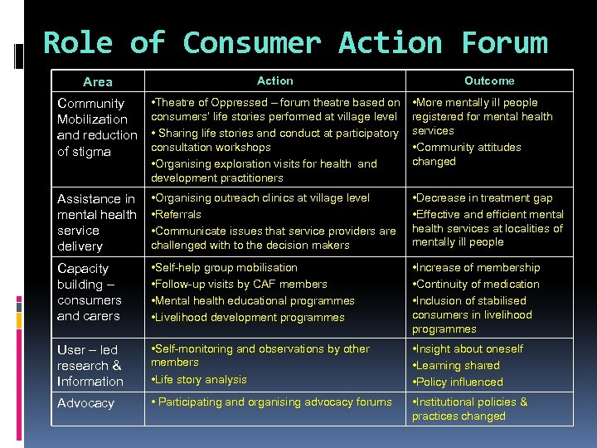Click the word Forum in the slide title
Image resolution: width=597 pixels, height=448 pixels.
pyautogui.click(x=504, y=42)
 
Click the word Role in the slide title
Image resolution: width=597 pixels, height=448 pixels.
pyautogui.click(x=78, y=42)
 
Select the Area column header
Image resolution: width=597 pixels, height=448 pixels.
pyautogui.click(x=98, y=81)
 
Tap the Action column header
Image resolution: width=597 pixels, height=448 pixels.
pyautogui.click(x=274, y=80)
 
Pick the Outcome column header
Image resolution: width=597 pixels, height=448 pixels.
pyautogui.click(x=489, y=80)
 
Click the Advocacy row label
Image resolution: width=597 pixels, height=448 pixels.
pyautogui.click(x=85, y=403)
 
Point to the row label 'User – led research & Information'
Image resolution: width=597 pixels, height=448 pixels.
pyautogui.click(x=90, y=365)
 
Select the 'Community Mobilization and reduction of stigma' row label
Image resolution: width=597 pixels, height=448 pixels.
pyautogui.click(x=96, y=127)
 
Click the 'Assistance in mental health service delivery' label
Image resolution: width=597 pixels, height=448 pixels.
pyautogui.click(x=95, y=222)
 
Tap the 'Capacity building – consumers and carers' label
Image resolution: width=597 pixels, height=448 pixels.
pyautogui.click(x=89, y=292)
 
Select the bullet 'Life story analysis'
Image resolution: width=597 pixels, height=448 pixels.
pyautogui.click(x=200, y=380)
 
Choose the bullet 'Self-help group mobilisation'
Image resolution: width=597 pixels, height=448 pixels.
pyautogui.click(x=225, y=268)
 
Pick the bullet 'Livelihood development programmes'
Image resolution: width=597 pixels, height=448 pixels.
pyautogui.click(x=249, y=317)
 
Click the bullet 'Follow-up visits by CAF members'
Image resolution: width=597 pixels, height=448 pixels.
pyautogui.click(x=240, y=284)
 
